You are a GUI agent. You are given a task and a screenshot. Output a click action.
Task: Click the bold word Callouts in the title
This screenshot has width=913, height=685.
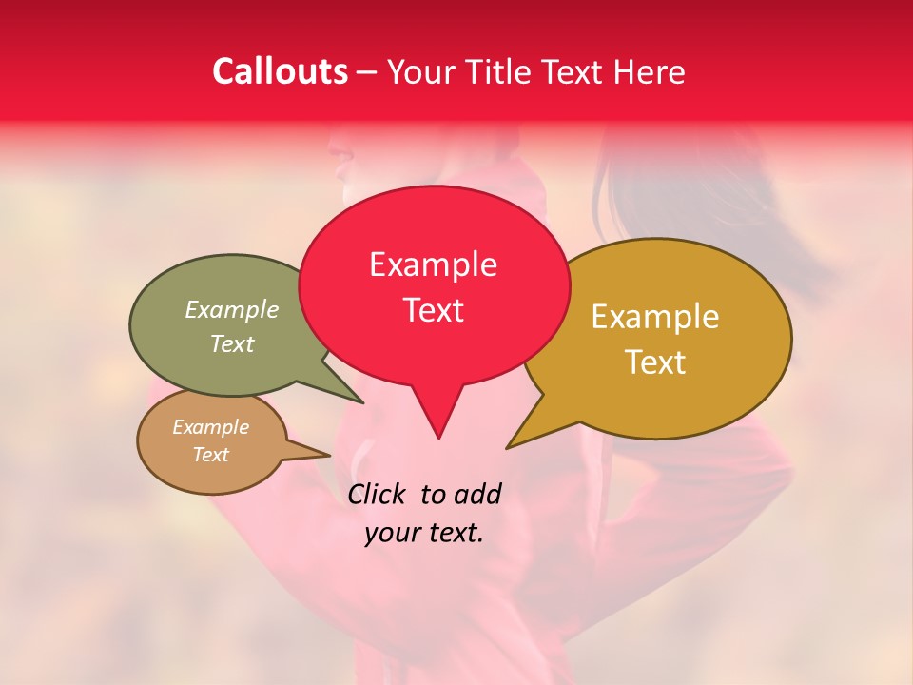point(280,71)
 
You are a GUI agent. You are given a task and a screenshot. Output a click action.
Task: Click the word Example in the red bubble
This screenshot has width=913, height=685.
point(433,264)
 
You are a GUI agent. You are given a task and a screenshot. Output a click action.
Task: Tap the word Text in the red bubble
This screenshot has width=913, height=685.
point(434,310)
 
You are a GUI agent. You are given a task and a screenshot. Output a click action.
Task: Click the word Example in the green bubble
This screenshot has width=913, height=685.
point(232,309)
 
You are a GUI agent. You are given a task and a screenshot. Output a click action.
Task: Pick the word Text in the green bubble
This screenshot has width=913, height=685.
point(232,343)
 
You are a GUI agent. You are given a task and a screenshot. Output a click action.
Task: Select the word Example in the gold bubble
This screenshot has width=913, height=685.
point(655,317)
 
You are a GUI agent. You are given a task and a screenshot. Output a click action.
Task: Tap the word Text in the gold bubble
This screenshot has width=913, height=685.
point(655,362)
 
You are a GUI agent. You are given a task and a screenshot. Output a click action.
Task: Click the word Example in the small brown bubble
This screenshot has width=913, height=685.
point(210,427)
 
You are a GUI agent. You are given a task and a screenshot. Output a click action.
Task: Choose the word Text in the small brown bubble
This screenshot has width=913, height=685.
point(211,455)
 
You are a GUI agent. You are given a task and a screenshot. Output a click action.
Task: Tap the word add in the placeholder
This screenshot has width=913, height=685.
point(477,494)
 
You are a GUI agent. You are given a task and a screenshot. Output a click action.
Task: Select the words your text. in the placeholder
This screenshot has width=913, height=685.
point(424,533)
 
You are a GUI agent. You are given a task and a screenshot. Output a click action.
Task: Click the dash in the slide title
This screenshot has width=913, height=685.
point(367,72)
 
